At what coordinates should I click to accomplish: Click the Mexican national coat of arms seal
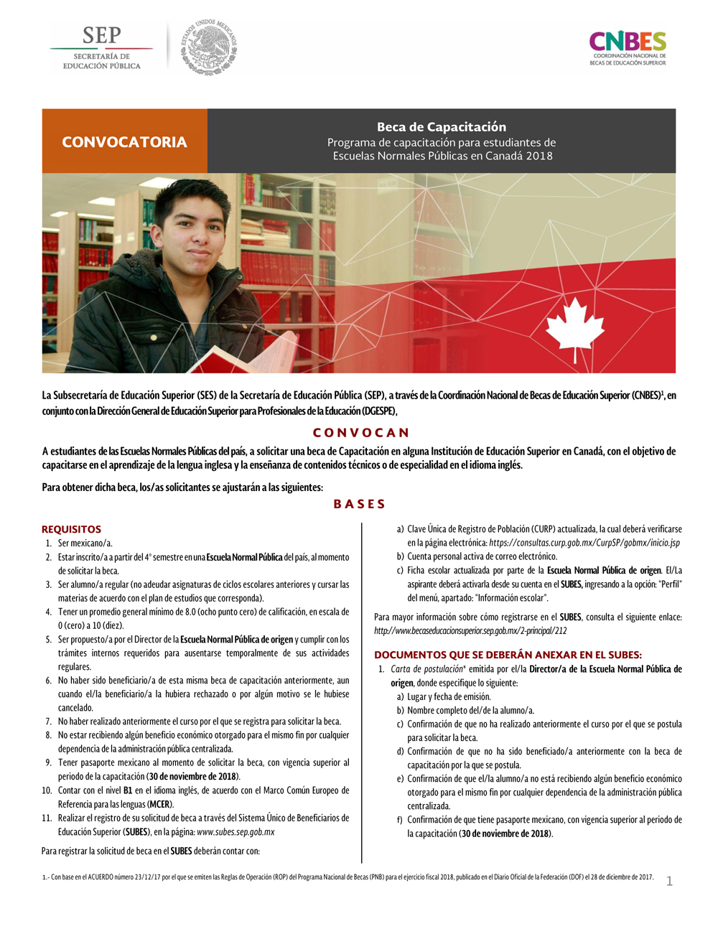pos(208,47)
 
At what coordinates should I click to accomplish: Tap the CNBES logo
pos(628,48)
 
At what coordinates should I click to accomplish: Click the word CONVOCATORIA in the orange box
pos(124,142)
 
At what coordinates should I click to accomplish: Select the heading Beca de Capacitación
pos(442,127)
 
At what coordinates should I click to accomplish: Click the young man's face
pos(192,230)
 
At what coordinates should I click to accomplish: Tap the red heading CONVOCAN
pos(360,433)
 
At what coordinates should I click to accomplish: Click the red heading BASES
pos(359,504)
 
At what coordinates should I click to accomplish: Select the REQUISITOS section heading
pos(71,529)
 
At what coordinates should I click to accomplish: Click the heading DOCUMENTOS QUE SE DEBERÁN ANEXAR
pos(508,655)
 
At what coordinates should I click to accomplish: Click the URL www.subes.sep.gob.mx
pos(236,832)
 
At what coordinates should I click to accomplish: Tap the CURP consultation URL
pos(584,543)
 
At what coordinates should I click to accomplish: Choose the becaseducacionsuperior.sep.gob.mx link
pos(470,631)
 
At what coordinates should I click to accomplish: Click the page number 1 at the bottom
pos(669,881)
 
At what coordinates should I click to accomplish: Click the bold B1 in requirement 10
pos(128,790)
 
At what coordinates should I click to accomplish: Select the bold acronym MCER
pos(159,804)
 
